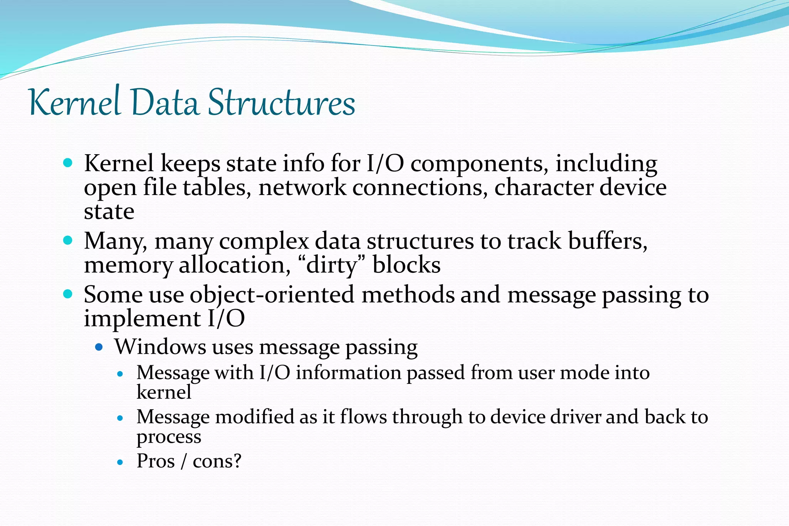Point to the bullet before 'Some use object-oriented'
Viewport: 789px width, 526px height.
(68, 294)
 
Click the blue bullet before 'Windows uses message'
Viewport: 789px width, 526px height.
(99, 347)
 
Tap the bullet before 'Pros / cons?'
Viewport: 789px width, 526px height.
(121, 462)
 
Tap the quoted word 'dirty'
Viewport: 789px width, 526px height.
(332, 266)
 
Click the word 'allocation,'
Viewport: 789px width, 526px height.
(235, 266)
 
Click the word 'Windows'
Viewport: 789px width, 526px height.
(160, 347)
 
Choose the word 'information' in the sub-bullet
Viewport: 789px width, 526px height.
(348, 373)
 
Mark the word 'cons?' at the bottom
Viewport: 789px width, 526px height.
(217, 461)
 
